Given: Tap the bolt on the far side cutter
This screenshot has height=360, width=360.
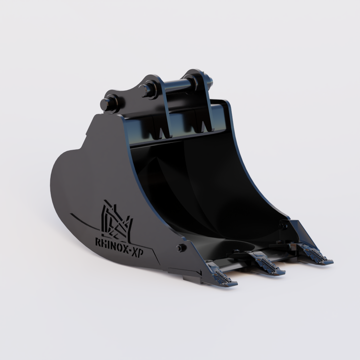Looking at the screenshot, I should (x=284, y=226).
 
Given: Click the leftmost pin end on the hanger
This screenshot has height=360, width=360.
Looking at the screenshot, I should (x=108, y=104).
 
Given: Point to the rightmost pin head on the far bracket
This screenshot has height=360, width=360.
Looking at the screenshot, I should (x=191, y=80).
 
